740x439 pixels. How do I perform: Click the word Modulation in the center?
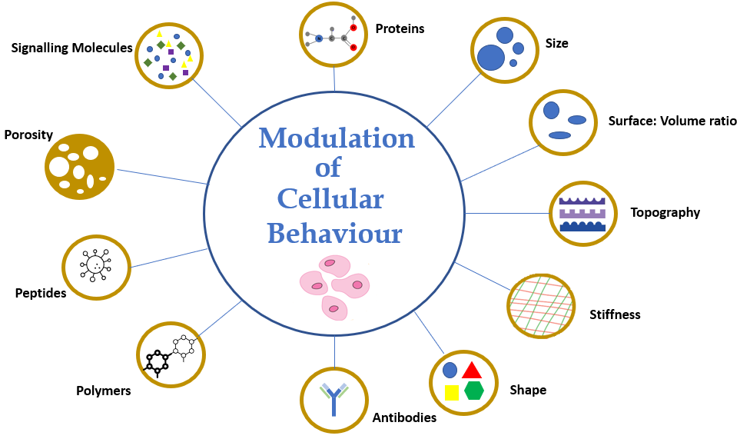336,139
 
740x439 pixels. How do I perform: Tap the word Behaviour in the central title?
335,233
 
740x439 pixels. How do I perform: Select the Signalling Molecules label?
71,48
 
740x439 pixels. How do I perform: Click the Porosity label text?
28,135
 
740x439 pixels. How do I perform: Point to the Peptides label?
41,293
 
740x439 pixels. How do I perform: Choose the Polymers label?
104,391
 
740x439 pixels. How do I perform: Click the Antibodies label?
404,417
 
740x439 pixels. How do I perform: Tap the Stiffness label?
615,314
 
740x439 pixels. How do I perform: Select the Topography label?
665,213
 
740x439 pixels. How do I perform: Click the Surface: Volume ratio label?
672,121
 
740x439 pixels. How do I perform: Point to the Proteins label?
400,29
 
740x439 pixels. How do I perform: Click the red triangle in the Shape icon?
472,370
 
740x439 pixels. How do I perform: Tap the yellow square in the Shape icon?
452,393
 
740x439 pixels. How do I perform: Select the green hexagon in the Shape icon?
473,391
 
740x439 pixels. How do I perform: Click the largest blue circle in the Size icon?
491,58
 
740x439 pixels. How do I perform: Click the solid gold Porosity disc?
79,165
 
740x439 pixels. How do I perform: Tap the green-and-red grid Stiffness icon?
541,305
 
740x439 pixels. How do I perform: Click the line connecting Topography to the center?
507,213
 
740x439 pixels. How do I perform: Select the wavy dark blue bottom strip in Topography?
582,226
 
